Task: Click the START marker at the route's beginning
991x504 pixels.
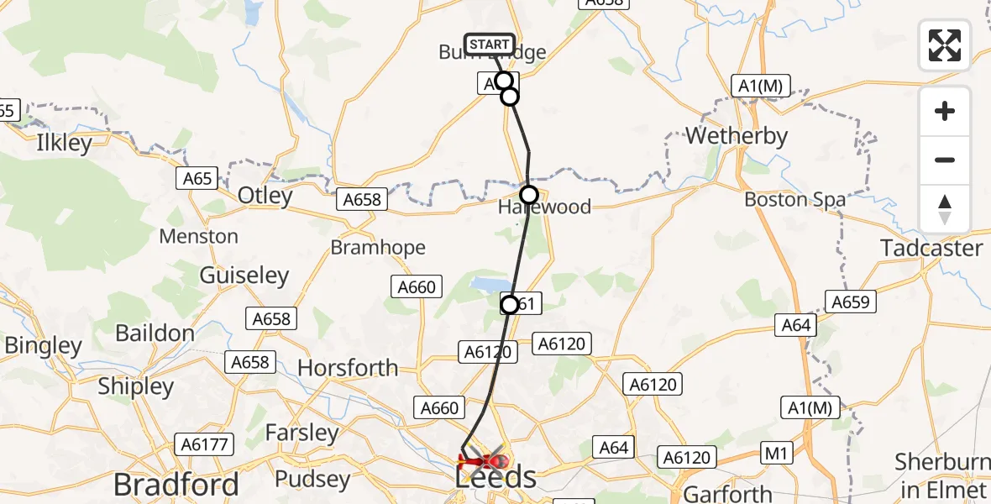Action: pyautogui.click(x=489, y=45)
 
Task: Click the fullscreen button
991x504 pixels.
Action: pyautogui.click(x=945, y=45)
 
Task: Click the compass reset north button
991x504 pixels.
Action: pyautogui.click(x=945, y=209)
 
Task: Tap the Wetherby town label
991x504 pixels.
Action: pyautogui.click(x=737, y=136)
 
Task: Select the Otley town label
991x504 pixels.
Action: pyautogui.click(x=265, y=197)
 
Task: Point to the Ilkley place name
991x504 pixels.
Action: pyautogui.click(x=65, y=143)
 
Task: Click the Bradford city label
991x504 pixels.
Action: pyautogui.click(x=176, y=485)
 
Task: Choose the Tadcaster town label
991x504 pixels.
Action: pyautogui.click(x=931, y=248)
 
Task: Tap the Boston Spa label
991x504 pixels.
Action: pyautogui.click(x=794, y=200)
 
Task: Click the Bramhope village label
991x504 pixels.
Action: pyautogui.click(x=378, y=248)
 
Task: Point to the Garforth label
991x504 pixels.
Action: pyautogui.click(x=728, y=494)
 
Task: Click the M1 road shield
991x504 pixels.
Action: pyautogui.click(x=775, y=454)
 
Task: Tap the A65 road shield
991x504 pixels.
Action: pyautogui.click(x=197, y=178)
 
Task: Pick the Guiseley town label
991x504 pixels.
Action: pyautogui.click(x=244, y=276)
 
